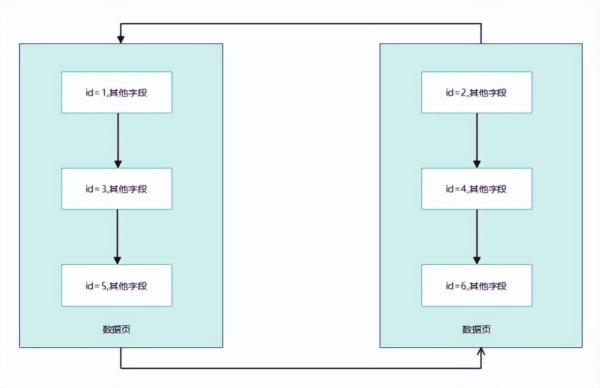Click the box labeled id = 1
(x=117, y=92)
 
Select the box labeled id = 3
(x=117, y=189)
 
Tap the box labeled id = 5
(x=117, y=285)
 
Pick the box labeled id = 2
(x=476, y=92)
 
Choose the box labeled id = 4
(x=476, y=189)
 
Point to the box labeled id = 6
(x=476, y=285)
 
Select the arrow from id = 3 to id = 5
(x=117, y=236)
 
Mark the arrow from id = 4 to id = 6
(x=477, y=236)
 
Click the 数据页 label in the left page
(x=117, y=330)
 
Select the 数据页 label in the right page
(x=476, y=330)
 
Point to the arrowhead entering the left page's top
(x=121, y=39)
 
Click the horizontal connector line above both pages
(x=301, y=23)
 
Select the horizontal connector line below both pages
(x=301, y=368)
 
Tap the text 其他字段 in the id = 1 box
(x=128, y=93)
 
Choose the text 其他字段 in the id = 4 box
(x=488, y=189)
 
